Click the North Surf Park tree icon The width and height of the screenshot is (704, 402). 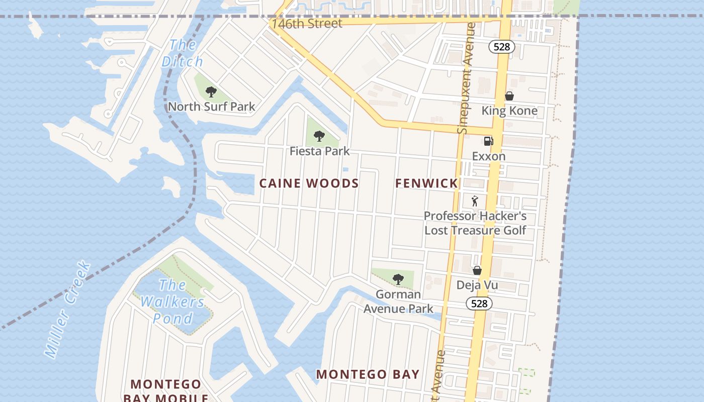click(211, 92)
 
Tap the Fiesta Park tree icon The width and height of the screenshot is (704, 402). click(319, 136)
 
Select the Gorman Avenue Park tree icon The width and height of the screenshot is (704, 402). click(398, 279)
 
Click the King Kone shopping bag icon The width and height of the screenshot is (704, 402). click(509, 96)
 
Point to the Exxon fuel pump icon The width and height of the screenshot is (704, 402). click(488, 141)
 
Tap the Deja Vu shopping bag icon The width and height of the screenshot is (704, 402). click(477, 271)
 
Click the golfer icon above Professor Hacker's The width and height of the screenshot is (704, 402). click(475, 202)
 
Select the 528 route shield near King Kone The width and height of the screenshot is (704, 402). click(501, 47)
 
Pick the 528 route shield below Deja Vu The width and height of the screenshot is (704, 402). click(479, 304)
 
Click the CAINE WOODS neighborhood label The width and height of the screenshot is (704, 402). click(309, 183)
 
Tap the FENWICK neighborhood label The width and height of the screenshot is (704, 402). click(426, 183)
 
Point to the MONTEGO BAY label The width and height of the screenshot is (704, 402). click(368, 374)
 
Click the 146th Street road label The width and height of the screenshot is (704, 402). click(307, 24)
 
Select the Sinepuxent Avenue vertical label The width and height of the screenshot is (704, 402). click(467, 78)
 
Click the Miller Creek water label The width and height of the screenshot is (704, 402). click(67, 309)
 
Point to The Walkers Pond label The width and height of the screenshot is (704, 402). click(172, 301)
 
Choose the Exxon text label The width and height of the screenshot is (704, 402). click(488, 156)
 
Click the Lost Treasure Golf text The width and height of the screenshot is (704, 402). click(475, 230)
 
